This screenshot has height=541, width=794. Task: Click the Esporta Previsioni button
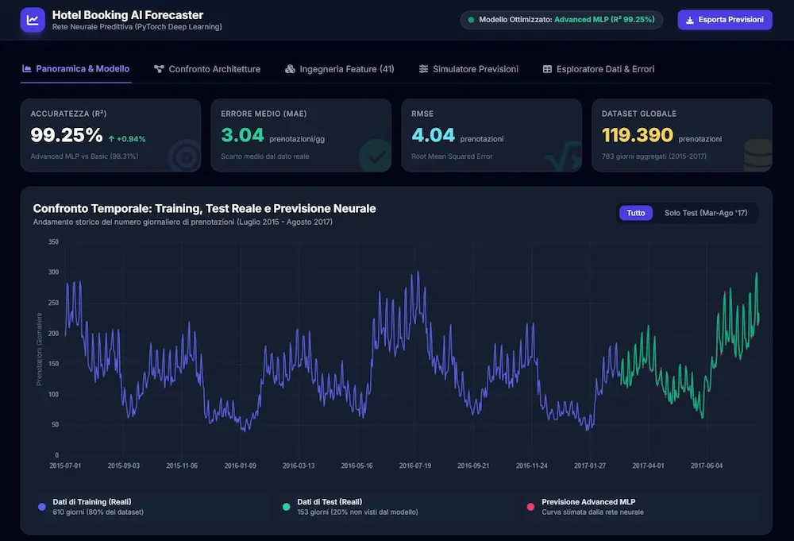[725, 20]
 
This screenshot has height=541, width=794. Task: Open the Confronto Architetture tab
[207, 69]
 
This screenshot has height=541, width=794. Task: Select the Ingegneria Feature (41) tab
[339, 69]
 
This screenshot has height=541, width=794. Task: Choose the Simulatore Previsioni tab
[468, 69]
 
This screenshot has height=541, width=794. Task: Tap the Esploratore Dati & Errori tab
[599, 69]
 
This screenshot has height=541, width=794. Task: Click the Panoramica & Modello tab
[76, 69]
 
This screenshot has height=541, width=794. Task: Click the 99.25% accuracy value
[67, 135]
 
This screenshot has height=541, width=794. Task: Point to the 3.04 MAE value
[242, 135]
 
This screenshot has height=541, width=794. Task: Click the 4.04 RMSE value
[433, 135]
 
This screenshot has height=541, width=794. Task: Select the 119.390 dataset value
[638, 135]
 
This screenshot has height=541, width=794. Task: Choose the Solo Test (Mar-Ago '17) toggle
[705, 213]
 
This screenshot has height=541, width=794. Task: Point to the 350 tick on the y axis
[54, 242]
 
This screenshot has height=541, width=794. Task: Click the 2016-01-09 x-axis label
[240, 466]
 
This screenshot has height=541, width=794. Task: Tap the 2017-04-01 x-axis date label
[648, 466]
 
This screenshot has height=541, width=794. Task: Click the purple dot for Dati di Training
[42, 507]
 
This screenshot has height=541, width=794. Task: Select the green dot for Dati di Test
[286, 507]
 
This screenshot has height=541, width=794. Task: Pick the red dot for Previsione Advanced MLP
[530, 507]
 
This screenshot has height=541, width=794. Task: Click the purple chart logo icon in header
[33, 21]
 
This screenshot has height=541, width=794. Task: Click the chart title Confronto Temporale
[205, 209]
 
